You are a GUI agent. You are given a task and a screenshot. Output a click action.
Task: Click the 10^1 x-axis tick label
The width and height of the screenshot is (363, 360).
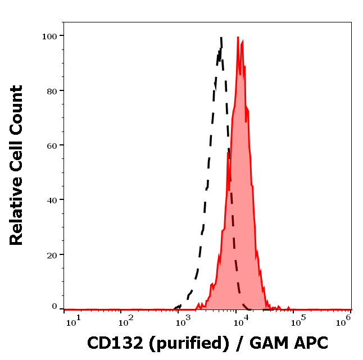coord(72,320)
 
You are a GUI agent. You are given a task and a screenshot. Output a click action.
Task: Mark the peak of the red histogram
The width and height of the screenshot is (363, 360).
coord(238,37)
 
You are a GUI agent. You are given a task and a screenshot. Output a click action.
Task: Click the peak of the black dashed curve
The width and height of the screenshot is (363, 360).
coord(221,38)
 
